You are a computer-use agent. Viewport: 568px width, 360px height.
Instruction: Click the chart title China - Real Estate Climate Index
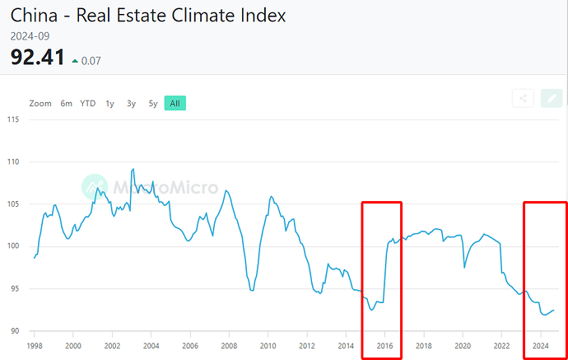(x=149, y=15)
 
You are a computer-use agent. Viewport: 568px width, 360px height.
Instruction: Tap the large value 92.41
(x=38, y=58)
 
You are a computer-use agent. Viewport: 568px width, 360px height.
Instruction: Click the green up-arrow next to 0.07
(x=76, y=60)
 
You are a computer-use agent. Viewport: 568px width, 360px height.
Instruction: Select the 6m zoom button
(x=66, y=103)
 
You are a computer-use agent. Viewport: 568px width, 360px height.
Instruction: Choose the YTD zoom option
(x=87, y=103)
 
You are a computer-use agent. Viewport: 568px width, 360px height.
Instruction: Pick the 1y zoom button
(x=109, y=103)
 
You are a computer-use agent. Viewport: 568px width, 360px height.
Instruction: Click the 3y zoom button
(x=131, y=103)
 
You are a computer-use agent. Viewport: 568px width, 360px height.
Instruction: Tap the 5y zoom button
(x=152, y=103)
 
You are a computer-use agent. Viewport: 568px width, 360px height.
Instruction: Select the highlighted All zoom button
(x=175, y=103)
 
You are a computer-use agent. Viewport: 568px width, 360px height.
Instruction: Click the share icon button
(x=522, y=99)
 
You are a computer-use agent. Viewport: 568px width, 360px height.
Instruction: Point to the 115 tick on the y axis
(x=12, y=119)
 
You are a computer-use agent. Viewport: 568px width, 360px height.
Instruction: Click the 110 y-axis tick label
(x=12, y=161)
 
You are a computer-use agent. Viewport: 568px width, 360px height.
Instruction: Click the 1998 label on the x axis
(x=35, y=346)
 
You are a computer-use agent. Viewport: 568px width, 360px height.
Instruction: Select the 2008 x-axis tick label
(x=229, y=346)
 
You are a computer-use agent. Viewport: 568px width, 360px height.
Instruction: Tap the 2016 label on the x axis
(x=385, y=346)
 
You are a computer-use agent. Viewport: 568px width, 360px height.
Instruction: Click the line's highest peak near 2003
(x=133, y=169)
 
